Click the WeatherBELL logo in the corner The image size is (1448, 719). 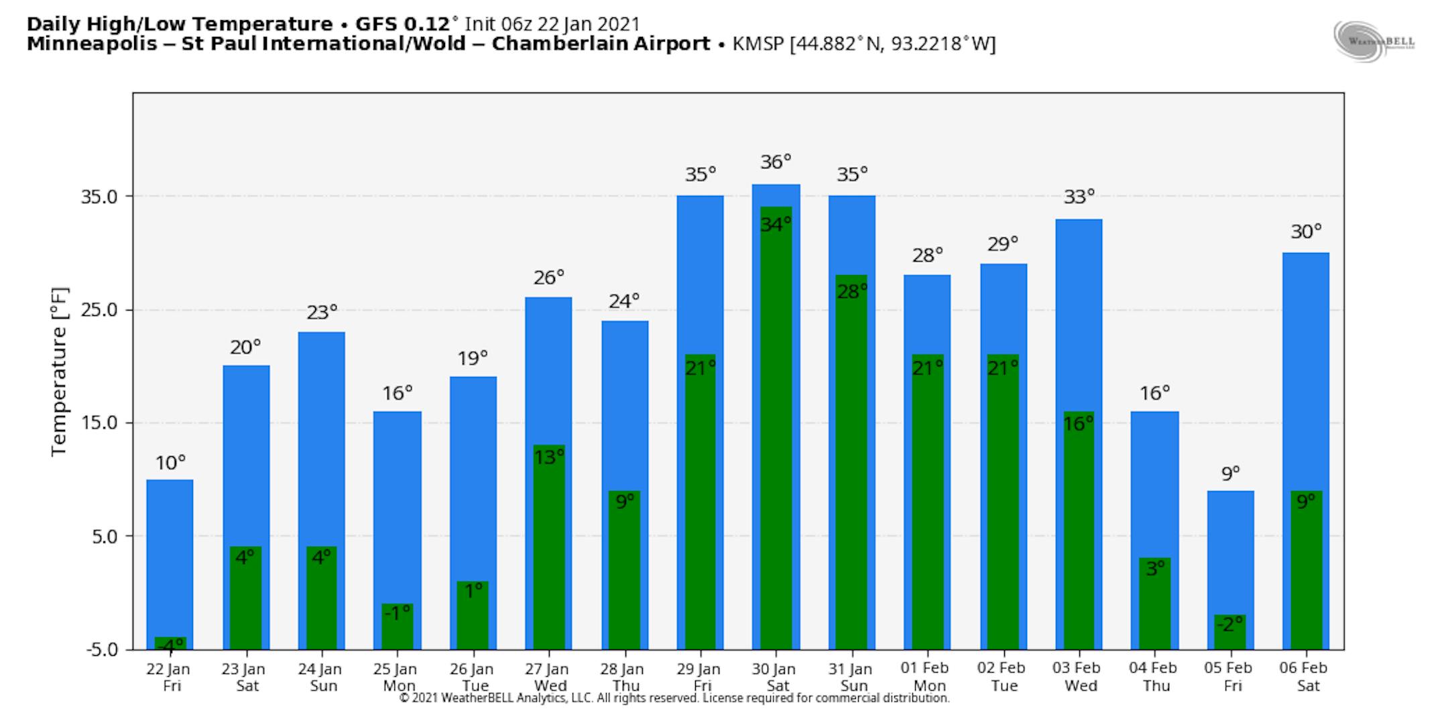tap(1374, 41)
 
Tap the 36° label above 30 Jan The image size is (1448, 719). tap(776, 162)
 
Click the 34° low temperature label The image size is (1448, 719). tap(776, 224)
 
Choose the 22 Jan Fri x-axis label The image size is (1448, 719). tap(168, 677)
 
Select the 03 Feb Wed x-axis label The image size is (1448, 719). tap(1077, 677)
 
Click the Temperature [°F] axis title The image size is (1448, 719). tap(60, 372)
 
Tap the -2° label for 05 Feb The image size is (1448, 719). tap(1229, 624)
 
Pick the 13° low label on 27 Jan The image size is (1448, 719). tap(549, 457)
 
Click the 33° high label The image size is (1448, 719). tap(1079, 197)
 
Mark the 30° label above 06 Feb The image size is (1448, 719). tap(1306, 231)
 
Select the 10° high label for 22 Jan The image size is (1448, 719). tap(170, 463)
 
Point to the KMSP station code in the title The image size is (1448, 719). tap(759, 44)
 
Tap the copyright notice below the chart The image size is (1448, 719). tap(674, 698)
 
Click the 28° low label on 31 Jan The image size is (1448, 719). tap(851, 291)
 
